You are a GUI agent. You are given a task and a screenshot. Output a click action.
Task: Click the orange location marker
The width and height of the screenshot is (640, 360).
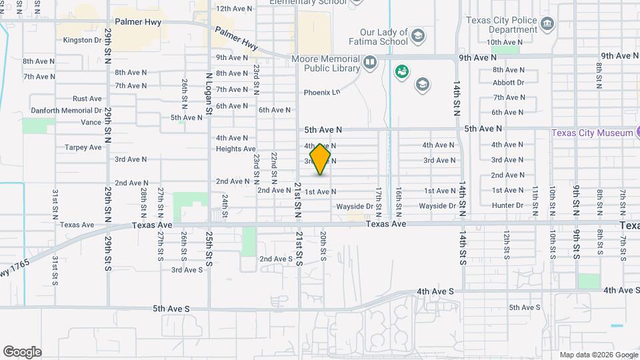coord(321,159)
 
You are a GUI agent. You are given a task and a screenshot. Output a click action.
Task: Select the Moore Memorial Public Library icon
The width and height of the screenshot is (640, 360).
coord(370,63)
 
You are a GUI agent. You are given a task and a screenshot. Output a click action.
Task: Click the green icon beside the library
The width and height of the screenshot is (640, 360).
coord(401,71)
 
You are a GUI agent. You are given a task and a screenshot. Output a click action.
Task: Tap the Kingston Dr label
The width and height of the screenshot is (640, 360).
coord(82,40)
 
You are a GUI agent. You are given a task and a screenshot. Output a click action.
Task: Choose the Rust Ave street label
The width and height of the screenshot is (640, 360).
coord(87,99)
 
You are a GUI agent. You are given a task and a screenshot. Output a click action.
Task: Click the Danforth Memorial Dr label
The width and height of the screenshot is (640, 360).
coord(65,111)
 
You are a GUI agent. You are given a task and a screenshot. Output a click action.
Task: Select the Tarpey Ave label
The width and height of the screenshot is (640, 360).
coord(82,147)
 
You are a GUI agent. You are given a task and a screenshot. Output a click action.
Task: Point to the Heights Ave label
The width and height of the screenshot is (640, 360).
coord(236,149)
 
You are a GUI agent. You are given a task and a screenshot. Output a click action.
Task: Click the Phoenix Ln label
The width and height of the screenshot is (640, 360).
coord(322,93)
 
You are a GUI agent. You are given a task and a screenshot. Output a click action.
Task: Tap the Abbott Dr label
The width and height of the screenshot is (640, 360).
coord(508,83)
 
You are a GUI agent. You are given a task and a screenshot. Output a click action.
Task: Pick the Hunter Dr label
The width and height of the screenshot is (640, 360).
coord(507,206)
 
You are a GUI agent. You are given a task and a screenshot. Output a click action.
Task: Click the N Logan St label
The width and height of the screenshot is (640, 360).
coord(209,93)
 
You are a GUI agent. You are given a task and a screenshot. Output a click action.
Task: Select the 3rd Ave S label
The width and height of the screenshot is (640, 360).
coord(187,270)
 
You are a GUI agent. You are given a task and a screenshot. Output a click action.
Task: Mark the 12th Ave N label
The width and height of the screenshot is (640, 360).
coord(234,9)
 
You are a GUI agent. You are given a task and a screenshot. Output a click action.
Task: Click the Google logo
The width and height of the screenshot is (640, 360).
coord(22,352)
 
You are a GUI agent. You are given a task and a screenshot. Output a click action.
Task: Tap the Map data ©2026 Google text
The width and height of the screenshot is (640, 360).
coord(598,355)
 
